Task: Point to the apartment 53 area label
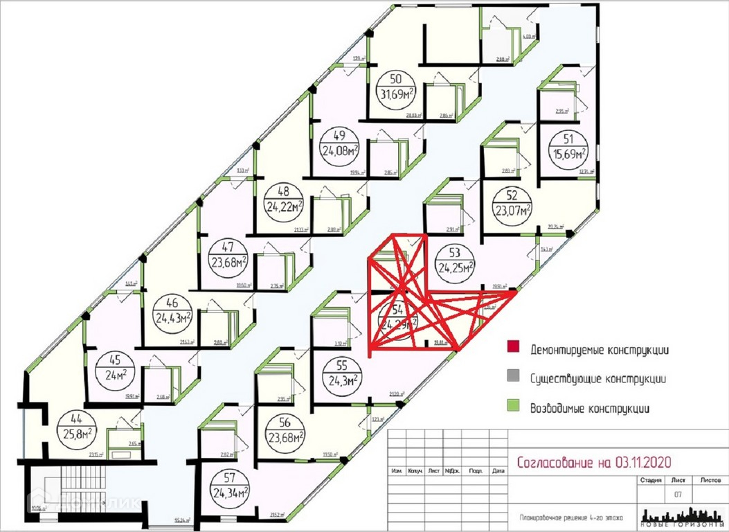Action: tap(455, 259)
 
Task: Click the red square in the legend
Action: tap(513, 349)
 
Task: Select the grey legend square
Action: tap(513, 378)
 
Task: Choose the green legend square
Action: tap(513, 407)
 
